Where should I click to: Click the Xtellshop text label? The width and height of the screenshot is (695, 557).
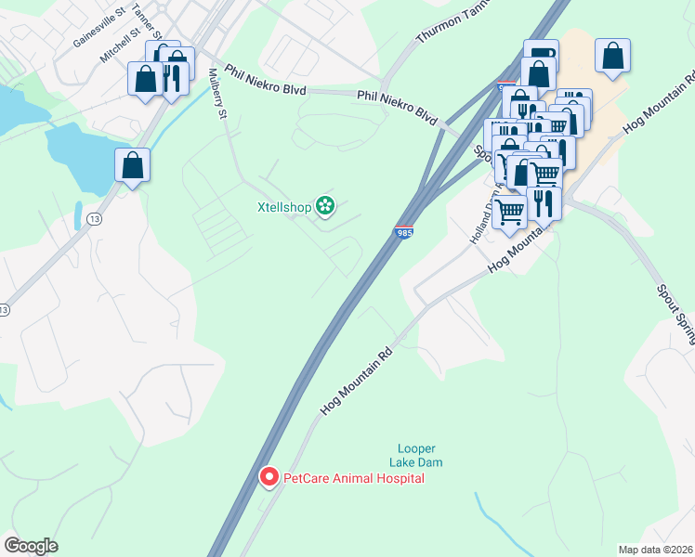point(283,207)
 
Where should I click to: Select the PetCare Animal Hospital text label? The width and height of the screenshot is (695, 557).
point(353,478)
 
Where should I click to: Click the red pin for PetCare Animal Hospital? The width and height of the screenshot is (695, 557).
point(269,477)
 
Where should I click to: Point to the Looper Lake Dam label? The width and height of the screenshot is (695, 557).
point(414,455)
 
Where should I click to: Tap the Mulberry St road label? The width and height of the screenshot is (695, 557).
point(218,94)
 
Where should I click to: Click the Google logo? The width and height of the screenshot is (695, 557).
point(31,546)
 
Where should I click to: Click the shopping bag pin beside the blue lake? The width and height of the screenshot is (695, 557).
point(133,165)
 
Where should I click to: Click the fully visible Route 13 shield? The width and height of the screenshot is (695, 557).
point(95,217)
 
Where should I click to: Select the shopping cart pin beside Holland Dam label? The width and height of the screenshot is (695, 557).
point(508,212)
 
